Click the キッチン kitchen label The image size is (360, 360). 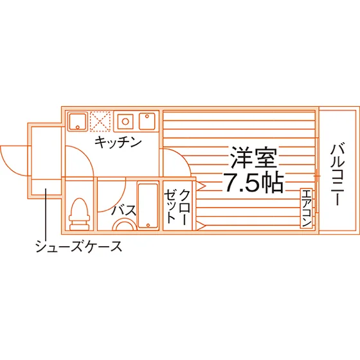(118, 142)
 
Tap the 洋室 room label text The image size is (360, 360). (254, 158)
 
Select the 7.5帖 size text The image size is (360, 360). (254, 182)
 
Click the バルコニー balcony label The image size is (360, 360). (337, 174)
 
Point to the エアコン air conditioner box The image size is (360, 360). (307, 208)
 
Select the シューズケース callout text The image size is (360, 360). (78, 246)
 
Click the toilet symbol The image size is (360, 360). (80, 214)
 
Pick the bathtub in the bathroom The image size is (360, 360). (148, 205)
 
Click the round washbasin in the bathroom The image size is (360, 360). (125, 224)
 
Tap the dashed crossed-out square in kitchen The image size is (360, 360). (100, 122)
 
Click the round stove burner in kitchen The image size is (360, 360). (125, 122)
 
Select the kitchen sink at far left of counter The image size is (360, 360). (78, 122)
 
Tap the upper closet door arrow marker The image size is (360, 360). (201, 186)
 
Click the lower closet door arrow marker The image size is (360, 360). (201, 226)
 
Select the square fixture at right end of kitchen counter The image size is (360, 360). (147, 122)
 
